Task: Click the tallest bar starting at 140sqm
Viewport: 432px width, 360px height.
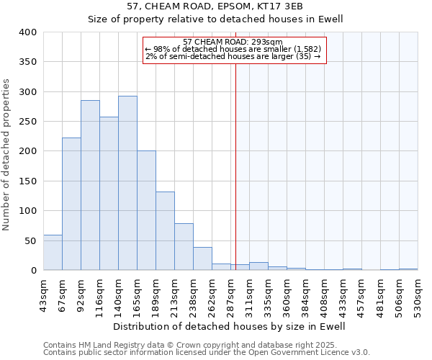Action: click(x=127, y=184)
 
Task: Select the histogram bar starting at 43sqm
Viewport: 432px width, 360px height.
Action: click(x=53, y=253)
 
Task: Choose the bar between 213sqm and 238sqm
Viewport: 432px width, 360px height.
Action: click(x=184, y=247)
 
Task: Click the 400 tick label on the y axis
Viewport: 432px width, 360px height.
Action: click(x=27, y=32)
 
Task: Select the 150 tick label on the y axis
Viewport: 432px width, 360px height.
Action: click(x=27, y=181)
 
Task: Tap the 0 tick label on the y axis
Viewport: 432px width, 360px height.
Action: click(x=33, y=271)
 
